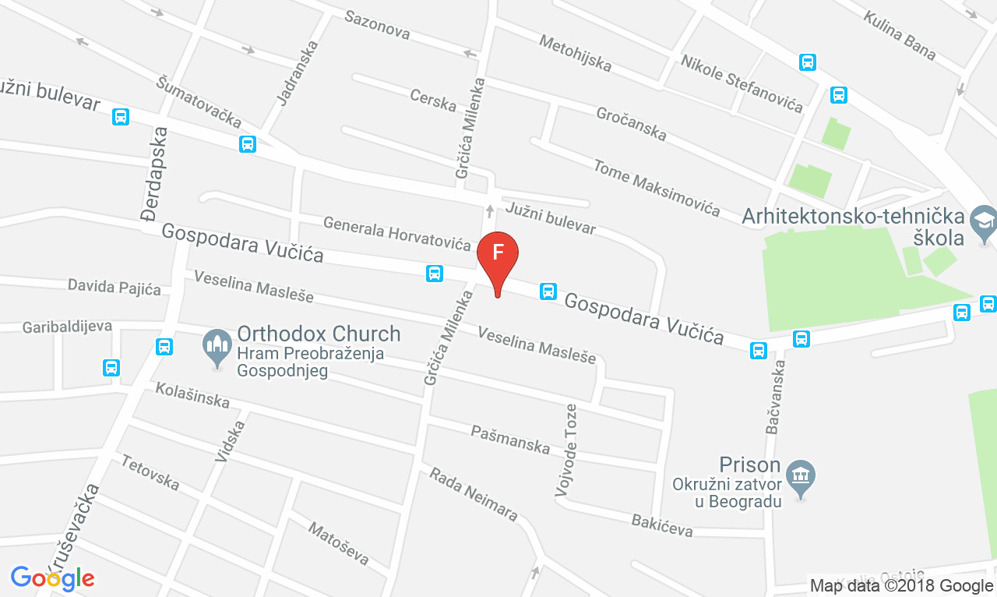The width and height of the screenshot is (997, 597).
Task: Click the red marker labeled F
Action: pos(498,254)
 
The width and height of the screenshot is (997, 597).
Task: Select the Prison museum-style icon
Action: pos(799,472)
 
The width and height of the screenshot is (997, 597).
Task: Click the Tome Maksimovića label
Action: pos(656,187)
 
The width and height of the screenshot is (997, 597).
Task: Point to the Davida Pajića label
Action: pos(114,288)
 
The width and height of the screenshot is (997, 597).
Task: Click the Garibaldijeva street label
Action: pos(67,326)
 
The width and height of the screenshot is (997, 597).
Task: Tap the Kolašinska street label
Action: pos(192,395)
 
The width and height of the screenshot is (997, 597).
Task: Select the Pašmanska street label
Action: pos(510,440)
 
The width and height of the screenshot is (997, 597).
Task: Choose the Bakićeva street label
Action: pos(662,525)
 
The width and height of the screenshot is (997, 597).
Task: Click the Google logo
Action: pos(52,578)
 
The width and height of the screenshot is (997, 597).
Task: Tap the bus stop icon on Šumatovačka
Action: pos(248,144)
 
